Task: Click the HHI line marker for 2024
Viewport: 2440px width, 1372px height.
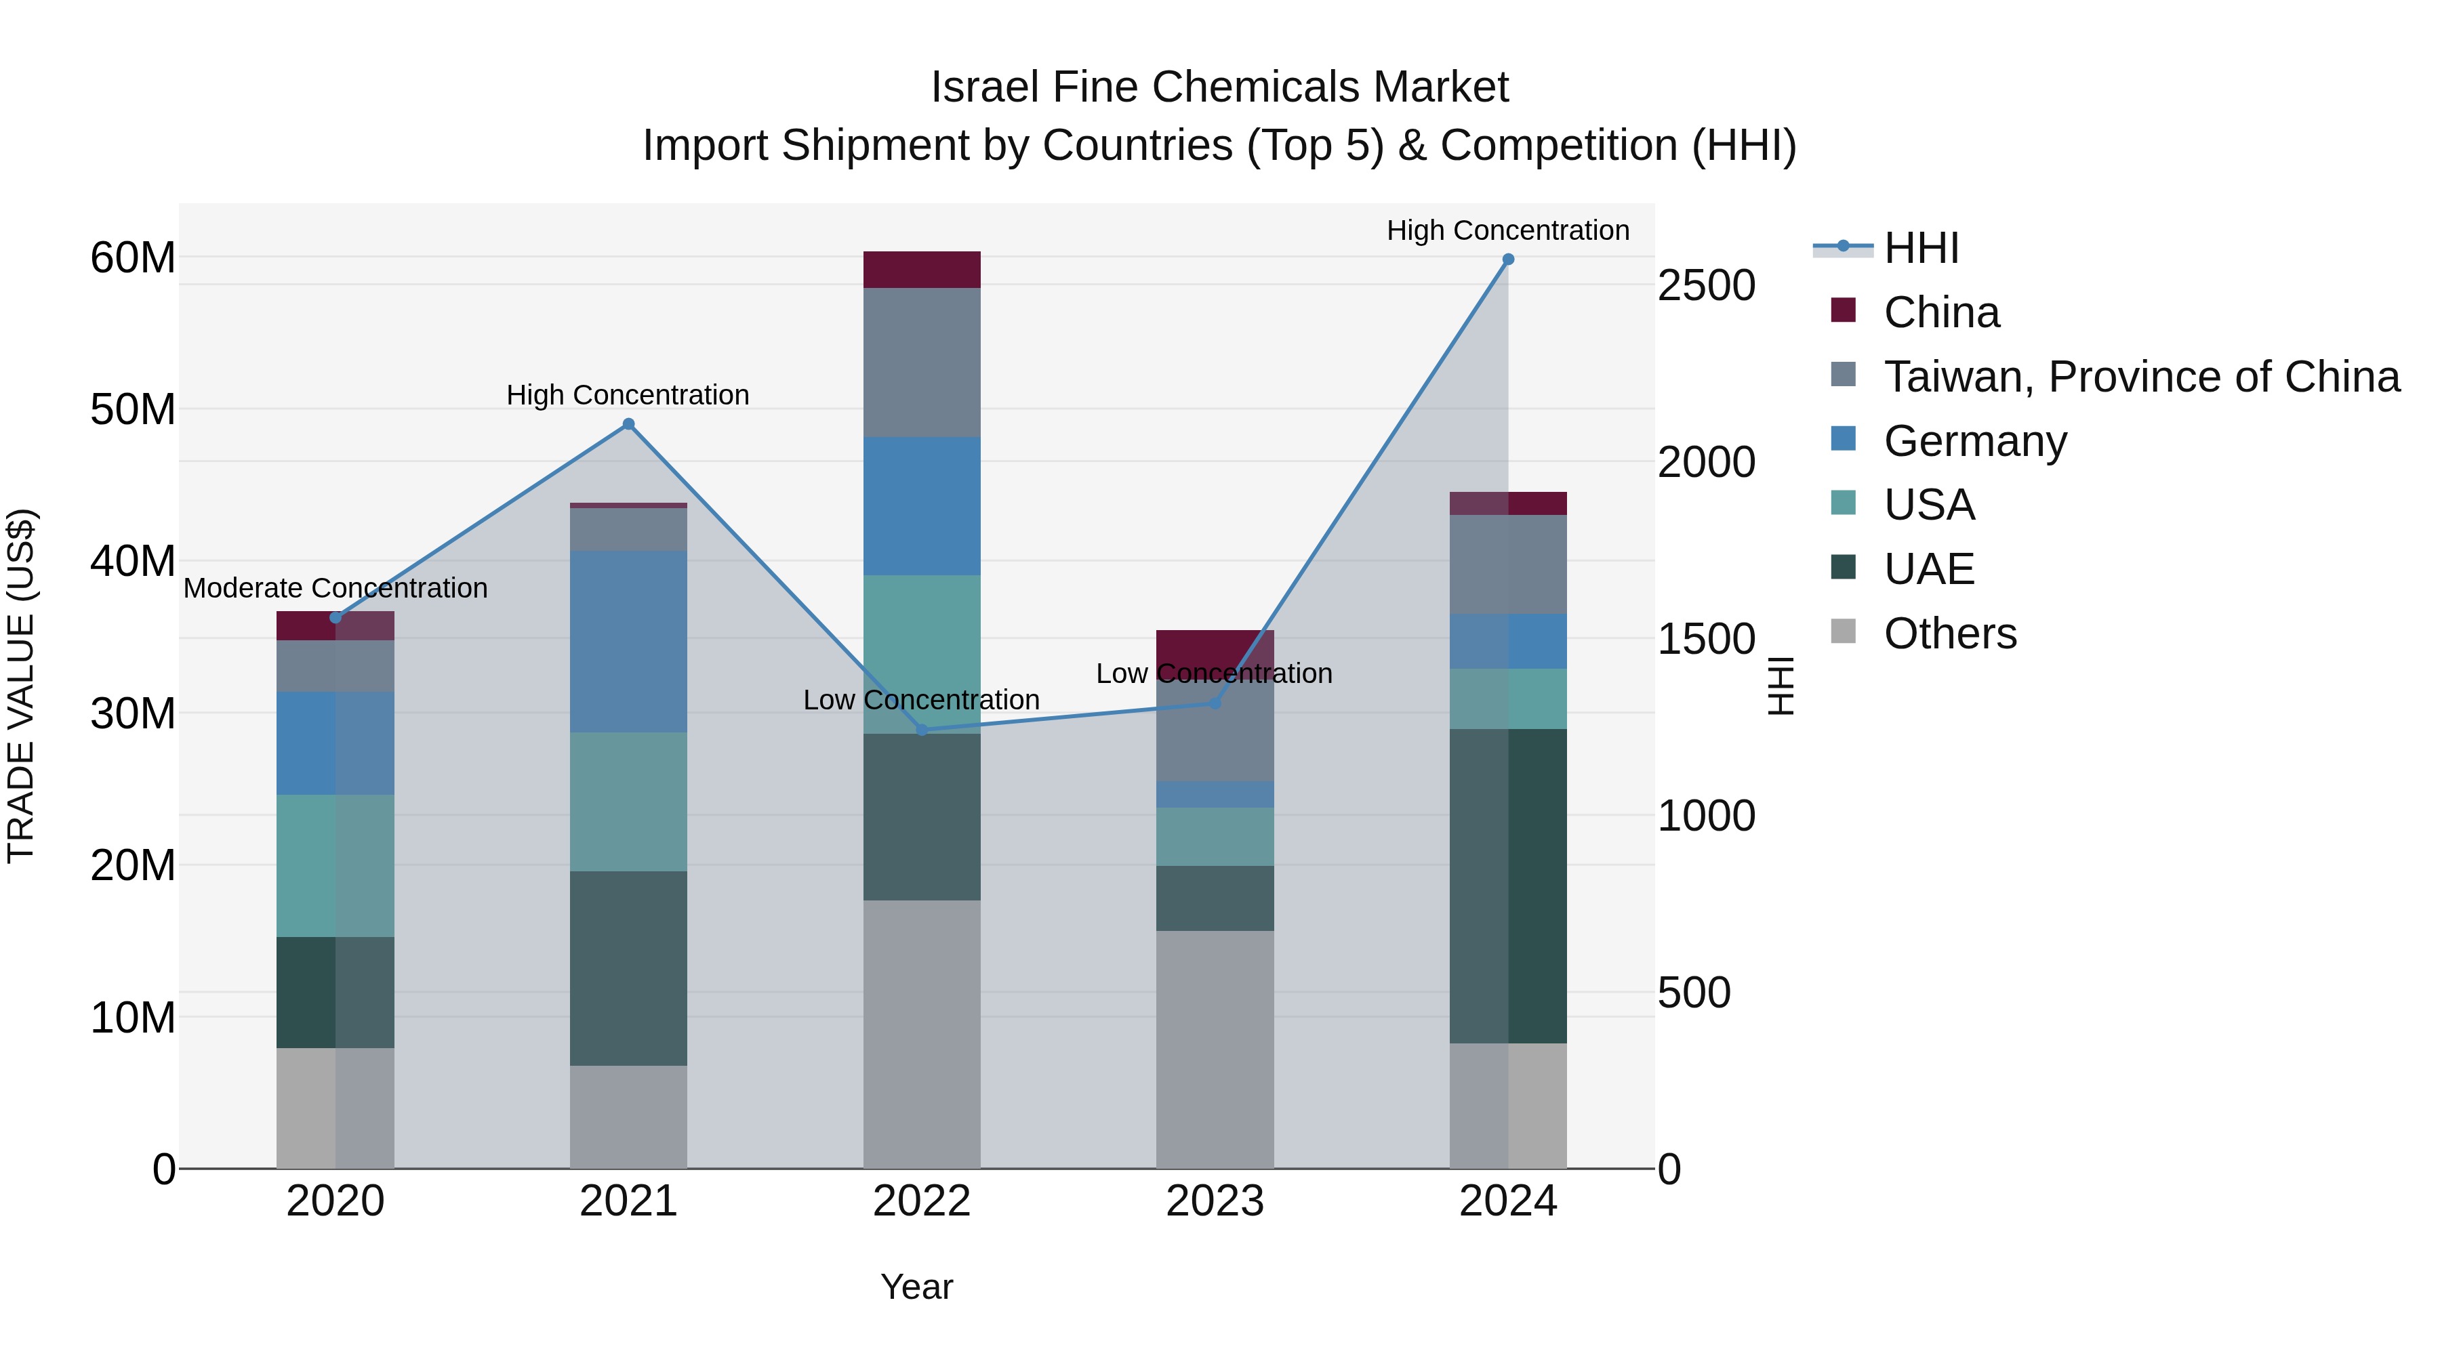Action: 1508,259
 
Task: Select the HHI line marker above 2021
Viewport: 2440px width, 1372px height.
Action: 628,424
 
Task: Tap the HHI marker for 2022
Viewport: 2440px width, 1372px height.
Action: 922,730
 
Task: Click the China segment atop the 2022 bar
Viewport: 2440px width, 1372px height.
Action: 922,270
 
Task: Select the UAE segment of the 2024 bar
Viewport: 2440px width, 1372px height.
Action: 1508,886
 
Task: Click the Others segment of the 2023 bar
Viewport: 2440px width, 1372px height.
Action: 1215,1049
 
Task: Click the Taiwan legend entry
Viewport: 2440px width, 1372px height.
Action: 2140,377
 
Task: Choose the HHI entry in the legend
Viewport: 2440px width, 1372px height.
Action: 1921,248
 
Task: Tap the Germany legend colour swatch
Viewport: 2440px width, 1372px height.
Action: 1844,439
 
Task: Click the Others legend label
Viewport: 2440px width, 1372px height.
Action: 1950,633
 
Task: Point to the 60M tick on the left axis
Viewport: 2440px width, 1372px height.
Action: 133,257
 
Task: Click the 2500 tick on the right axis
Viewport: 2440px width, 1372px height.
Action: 1706,286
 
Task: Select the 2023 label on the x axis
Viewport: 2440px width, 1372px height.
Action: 1215,1201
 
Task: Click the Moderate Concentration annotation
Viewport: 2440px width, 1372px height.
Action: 335,588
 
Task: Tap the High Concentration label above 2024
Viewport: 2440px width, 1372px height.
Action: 1508,230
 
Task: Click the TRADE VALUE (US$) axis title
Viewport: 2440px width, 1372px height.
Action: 21,686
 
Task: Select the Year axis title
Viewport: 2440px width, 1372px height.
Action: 916,1287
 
